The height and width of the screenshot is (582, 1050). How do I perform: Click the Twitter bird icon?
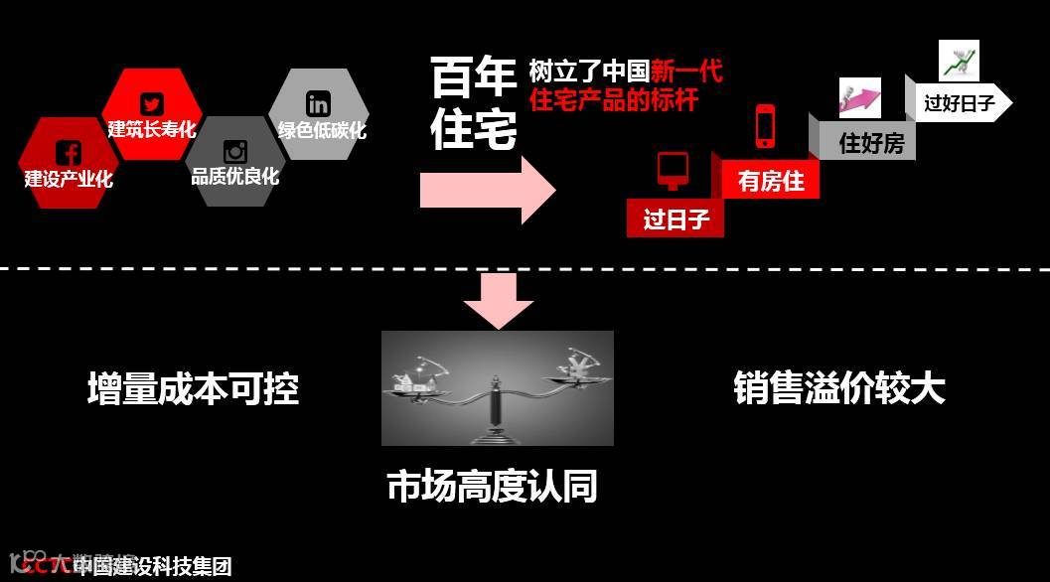(152, 104)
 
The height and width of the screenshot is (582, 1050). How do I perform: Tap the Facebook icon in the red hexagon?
(69, 153)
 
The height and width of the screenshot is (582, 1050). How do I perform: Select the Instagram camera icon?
(235, 152)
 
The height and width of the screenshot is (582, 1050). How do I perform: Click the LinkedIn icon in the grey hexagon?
(319, 103)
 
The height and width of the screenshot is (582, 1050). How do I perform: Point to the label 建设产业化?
(69, 180)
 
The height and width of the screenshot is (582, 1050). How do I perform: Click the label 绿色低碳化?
(321, 130)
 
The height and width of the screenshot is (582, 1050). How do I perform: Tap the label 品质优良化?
(235, 178)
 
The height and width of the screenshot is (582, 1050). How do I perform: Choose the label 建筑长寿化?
(152, 129)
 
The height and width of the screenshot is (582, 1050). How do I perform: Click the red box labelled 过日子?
(675, 218)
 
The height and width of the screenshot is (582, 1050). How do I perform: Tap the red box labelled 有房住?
(771, 182)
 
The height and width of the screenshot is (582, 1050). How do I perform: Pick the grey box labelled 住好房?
(870, 143)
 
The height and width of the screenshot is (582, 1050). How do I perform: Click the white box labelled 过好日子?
(959, 102)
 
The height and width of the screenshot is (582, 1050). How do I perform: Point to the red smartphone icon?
(765, 126)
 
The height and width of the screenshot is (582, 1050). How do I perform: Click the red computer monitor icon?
(673, 170)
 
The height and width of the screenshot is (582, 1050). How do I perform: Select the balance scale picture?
(498, 388)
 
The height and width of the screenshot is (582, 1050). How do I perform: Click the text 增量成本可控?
(193, 388)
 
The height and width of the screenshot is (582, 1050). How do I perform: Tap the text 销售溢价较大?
(839, 388)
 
